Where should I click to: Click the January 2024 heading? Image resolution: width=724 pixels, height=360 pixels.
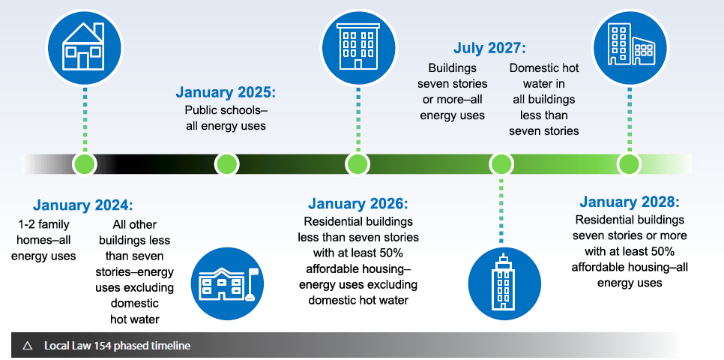pos(82,205)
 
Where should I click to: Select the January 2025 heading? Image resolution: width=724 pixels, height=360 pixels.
pos(226,92)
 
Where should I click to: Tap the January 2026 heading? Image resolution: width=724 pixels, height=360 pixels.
pos(358,203)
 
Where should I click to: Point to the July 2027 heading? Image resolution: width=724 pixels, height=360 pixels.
pos(489,48)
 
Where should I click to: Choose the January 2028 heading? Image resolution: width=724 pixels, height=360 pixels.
pos(630,202)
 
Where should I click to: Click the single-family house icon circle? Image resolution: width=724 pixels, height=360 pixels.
pos(85,47)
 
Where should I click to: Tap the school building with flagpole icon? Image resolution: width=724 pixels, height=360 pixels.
pos(227,283)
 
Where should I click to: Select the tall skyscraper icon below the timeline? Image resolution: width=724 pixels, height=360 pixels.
pos(504,283)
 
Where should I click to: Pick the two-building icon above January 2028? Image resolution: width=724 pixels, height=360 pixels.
pos(630,47)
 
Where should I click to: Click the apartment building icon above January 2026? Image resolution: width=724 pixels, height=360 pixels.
pos(358,47)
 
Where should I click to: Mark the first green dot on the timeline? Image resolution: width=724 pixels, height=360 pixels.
pos(85,164)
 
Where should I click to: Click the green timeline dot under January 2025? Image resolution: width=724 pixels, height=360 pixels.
pos(226,164)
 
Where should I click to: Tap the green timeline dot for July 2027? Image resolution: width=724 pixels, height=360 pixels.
pos(501,164)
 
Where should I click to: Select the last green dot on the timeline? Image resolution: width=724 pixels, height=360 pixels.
pos(630,164)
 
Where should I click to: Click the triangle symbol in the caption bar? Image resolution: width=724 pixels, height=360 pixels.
pos(27,345)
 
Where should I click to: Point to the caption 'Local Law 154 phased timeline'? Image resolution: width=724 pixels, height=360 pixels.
pos(117,345)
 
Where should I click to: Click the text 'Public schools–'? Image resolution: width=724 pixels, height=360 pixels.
pos(226,110)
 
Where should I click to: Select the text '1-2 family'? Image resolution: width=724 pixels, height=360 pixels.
pos(44,225)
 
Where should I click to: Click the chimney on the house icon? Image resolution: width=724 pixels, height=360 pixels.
pos(98,31)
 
